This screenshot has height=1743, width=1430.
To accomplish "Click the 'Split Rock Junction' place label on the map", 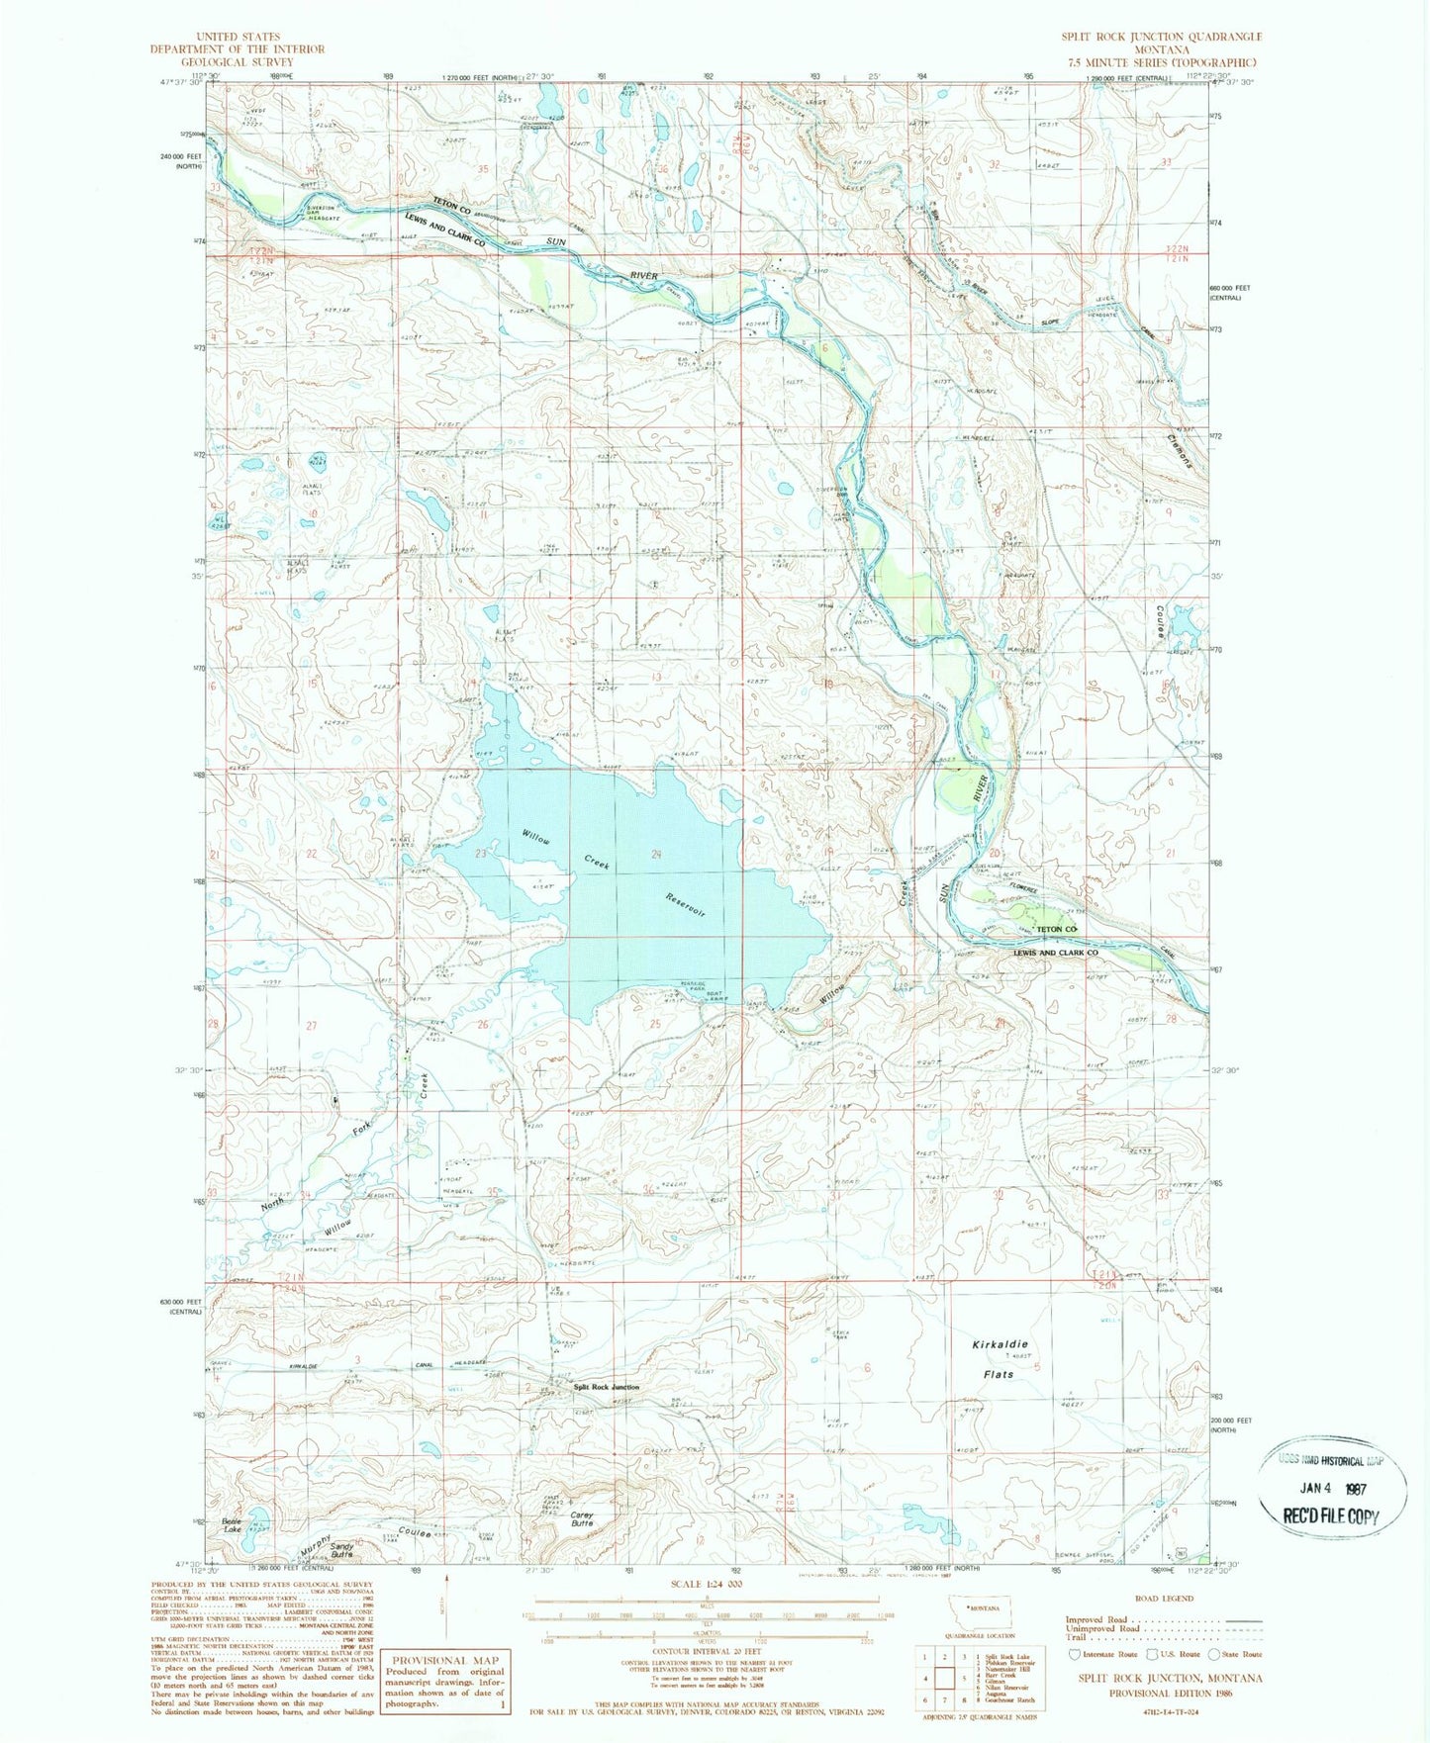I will click(606, 1387).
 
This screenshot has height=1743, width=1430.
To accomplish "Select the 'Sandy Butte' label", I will click(342, 1549).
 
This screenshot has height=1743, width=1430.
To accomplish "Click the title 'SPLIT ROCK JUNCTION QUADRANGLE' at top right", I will click(1161, 37).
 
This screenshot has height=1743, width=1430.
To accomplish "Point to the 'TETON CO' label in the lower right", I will click(1055, 930).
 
